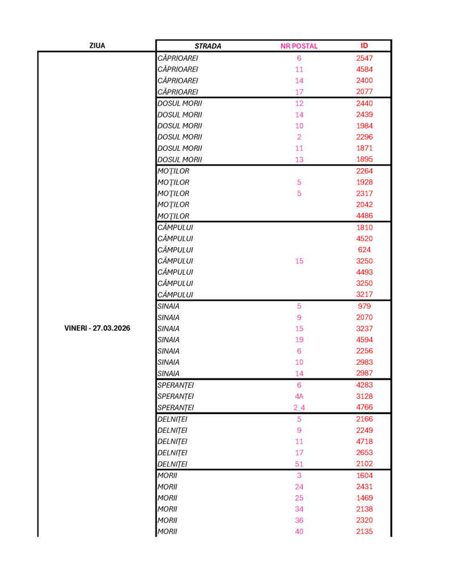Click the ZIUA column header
click(x=97, y=46)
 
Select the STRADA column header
click(x=208, y=47)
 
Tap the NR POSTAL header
click(x=299, y=47)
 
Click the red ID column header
click(x=364, y=46)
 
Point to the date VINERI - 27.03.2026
click(x=97, y=329)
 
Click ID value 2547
click(x=364, y=58)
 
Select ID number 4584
click(x=364, y=69)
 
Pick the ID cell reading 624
click(x=364, y=250)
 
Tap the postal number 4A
click(x=299, y=397)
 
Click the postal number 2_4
click(x=299, y=408)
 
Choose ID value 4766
click(x=364, y=407)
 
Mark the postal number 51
click(x=299, y=464)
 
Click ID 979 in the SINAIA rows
click(x=364, y=306)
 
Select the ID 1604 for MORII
click(x=364, y=475)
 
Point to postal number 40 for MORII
click(x=299, y=532)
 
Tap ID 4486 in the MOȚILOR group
click(x=364, y=216)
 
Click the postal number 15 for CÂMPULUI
click(x=299, y=261)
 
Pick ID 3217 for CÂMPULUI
click(x=364, y=294)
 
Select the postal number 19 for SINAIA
click(x=299, y=340)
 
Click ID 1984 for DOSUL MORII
click(x=364, y=125)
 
